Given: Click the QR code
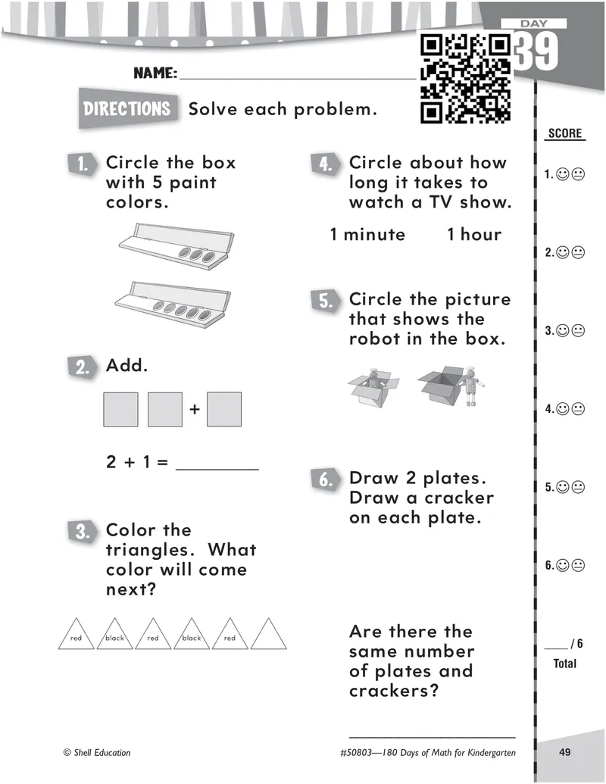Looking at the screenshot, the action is (x=466, y=79).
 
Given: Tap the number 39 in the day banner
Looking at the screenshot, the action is (x=536, y=52).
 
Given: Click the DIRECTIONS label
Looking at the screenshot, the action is (x=127, y=108).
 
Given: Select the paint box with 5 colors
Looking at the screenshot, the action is (x=173, y=305).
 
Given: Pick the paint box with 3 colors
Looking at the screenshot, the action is (x=176, y=246).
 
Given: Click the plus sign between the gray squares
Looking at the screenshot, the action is (x=195, y=409).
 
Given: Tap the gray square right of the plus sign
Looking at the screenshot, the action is (x=224, y=409).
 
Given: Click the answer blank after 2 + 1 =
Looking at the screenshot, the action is (x=217, y=469).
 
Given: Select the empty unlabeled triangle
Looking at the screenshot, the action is (x=268, y=634).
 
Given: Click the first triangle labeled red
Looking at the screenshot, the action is (x=76, y=634).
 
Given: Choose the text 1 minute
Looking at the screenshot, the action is (x=367, y=234).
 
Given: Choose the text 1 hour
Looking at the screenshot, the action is (x=474, y=234).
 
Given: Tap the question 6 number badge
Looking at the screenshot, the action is (x=325, y=479).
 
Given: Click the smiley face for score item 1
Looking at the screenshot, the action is (x=563, y=174).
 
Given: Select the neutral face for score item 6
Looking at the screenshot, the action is (x=578, y=566).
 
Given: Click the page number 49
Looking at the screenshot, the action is (x=565, y=752).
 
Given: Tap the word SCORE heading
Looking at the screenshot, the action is (x=565, y=133).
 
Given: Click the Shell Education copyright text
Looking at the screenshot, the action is (x=97, y=752).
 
